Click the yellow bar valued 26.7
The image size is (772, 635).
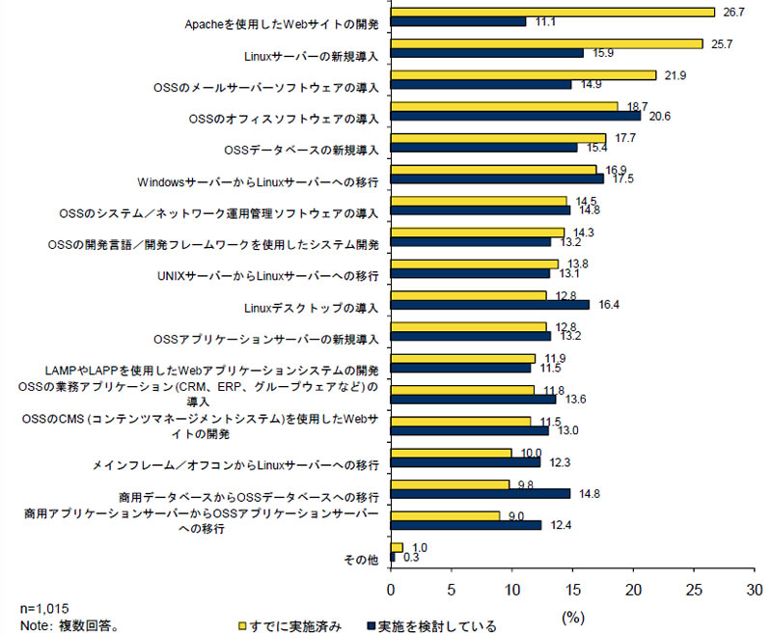(x=552, y=12)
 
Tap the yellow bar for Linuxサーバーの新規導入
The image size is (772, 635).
(x=546, y=43)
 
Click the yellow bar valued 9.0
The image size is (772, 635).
(x=445, y=515)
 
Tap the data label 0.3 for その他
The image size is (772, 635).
(x=411, y=557)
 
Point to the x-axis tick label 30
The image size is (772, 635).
(x=754, y=589)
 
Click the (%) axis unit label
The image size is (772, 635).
(x=573, y=612)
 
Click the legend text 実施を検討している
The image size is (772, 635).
(x=438, y=626)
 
